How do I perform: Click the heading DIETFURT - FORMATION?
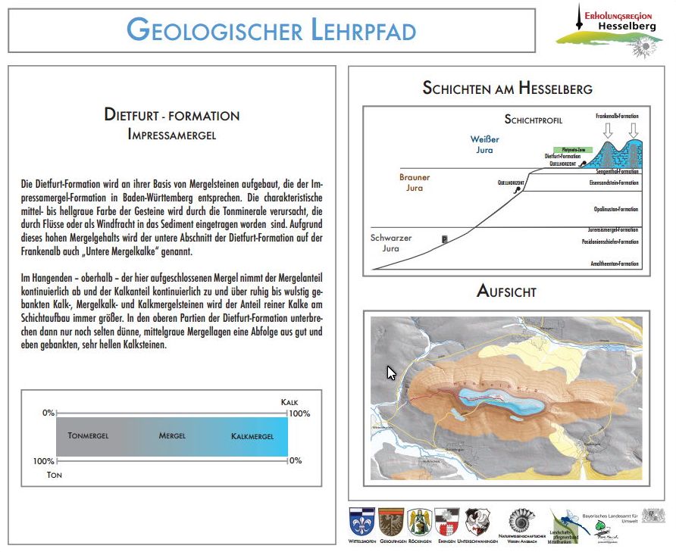(x=172, y=116)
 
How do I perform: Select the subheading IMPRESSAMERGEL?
(x=172, y=135)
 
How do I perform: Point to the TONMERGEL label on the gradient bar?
(x=88, y=436)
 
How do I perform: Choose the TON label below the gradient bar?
(x=54, y=475)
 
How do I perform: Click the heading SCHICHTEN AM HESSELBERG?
(x=507, y=89)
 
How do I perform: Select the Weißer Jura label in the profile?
(x=482, y=145)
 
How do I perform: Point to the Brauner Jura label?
(x=415, y=182)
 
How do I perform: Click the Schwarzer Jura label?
(x=391, y=242)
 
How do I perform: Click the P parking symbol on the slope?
(x=444, y=239)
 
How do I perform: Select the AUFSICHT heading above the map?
(x=507, y=291)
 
